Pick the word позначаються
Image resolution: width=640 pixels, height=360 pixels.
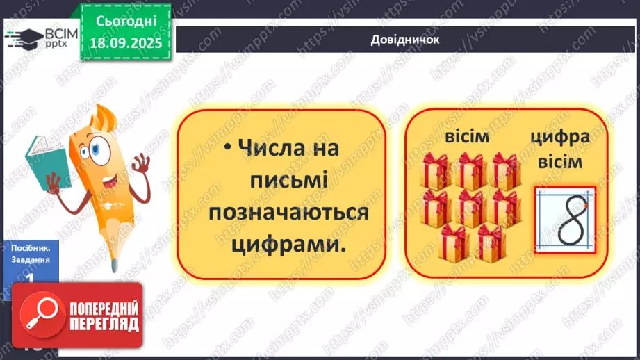click(x=288, y=213)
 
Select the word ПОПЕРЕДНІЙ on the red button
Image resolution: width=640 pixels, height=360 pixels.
click(x=103, y=308)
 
